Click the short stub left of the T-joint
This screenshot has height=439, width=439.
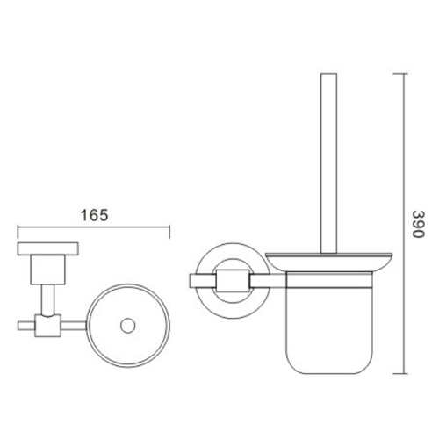[x=24, y=325]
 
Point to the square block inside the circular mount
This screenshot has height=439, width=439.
[x=230, y=281]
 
